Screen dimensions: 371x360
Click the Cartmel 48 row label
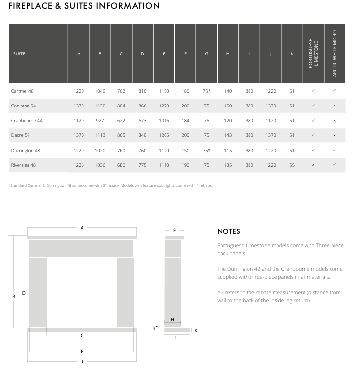click(22, 91)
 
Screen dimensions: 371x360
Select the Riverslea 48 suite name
click(23, 165)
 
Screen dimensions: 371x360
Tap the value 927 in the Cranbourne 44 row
click(100, 121)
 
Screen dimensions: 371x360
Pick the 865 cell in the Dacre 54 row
click(121, 135)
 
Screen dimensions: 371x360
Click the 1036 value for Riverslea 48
click(100, 165)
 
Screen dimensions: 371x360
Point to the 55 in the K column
click(292, 165)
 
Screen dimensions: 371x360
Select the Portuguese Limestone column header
click(313, 53)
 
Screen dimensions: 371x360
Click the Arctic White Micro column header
click(334, 53)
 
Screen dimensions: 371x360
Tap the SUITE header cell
click(19, 53)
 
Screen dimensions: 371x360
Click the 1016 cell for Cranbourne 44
click(164, 121)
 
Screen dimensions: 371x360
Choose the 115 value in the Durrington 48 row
click(228, 151)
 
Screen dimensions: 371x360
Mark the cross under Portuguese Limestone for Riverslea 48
click(313, 165)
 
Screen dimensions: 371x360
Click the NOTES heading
click(228, 231)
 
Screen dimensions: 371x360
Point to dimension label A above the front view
click(82, 228)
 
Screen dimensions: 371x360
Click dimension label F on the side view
click(174, 230)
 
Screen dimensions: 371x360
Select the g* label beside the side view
click(155, 328)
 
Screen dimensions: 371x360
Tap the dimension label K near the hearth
click(196, 330)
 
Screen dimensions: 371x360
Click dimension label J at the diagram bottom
click(82, 361)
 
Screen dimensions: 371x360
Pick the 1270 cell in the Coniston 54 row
click(164, 106)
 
